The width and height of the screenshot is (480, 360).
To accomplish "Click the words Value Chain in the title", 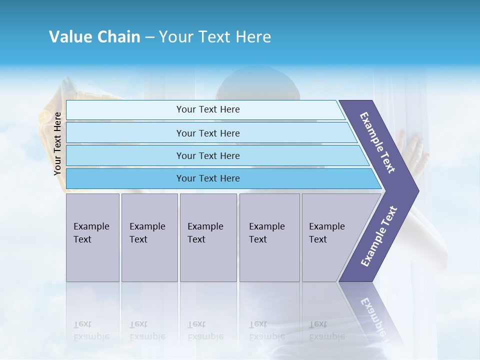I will click(94, 37).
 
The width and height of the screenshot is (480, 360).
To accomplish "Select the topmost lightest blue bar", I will click(207, 109).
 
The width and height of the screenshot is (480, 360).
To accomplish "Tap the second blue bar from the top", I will click(207, 133).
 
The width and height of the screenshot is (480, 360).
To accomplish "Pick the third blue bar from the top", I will click(207, 155).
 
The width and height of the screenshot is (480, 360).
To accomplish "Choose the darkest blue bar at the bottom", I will click(207, 178).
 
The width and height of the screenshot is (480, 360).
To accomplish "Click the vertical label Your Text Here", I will click(57, 143).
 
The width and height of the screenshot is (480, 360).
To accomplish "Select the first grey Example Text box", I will click(92, 237).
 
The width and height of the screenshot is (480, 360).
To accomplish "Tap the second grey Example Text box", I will click(149, 237).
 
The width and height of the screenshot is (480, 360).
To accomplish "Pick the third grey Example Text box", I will click(208, 237).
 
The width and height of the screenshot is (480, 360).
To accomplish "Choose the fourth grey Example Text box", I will click(269, 237).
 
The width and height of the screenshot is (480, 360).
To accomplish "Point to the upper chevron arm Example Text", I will click(377, 142).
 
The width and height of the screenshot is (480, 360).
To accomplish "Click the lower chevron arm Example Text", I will click(378, 236).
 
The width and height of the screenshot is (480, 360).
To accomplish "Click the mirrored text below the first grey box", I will click(91, 330).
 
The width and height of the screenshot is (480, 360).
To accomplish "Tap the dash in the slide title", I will click(149, 37).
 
